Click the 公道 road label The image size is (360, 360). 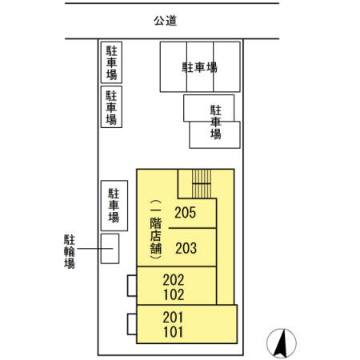pos(165,21)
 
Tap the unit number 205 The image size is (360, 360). pos(185,213)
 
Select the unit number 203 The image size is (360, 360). pos(186,248)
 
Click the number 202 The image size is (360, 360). pos(174,280)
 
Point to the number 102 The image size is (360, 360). pos(174,294)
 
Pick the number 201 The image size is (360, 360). pos(173,318)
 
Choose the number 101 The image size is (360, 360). pos(173,332)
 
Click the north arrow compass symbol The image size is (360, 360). pos(282,343)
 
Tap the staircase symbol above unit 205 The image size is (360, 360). pos(202,184)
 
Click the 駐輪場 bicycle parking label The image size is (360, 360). pos(70,251)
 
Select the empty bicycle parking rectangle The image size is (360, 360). pos(110,249)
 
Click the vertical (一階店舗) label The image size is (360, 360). pos(155,230)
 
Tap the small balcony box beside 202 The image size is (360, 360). pos(132,286)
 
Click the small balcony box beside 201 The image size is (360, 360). pos(132,324)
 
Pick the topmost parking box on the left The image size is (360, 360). pos(111,62)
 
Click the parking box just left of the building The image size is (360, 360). pos(114,206)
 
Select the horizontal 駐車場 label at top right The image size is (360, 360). pos(200,67)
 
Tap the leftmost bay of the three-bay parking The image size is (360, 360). pos(174,66)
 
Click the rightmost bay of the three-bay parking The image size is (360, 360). pos(226,66)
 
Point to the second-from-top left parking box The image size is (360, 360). pos(111,106)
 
